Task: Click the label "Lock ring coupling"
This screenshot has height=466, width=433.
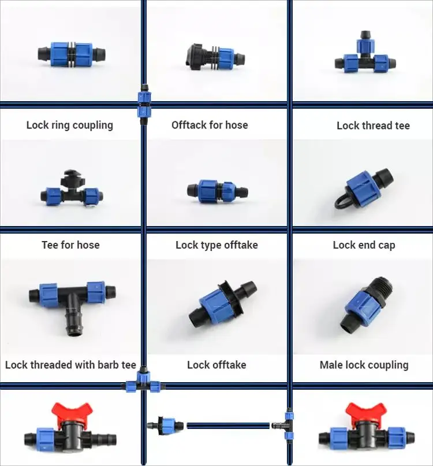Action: pyautogui.click(x=70, y=125)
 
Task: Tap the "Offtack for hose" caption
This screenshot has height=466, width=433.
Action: pyautogui.click(x=210, y=124)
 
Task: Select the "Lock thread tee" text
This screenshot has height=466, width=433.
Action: pyautogui.click(x=373, y=125)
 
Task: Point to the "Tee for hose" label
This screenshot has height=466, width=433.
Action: pyautogui.click(x=70, y=245)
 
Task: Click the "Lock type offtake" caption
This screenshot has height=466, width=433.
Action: pyautogui.click(x=216, y=245)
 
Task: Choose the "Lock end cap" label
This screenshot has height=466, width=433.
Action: pyautogui.click(x=364, y=245)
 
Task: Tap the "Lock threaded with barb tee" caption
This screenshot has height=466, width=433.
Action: pyautogui.click(x=70, y=365)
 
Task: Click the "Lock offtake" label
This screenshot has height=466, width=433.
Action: pyautogui.click(x=216, y=365)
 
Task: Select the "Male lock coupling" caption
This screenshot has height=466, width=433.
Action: pyautogui.click(x=364, y=365)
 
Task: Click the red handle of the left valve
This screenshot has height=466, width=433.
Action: pyautogui.click(x=72, y=412)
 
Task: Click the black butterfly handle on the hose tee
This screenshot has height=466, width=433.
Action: pyautogui.click(x=72, y=175)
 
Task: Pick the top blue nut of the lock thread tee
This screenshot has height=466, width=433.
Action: pyautogui.click(x=364, y=45)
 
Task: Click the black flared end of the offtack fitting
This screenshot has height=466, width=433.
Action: pyautogui.click(x=191, y=56)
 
